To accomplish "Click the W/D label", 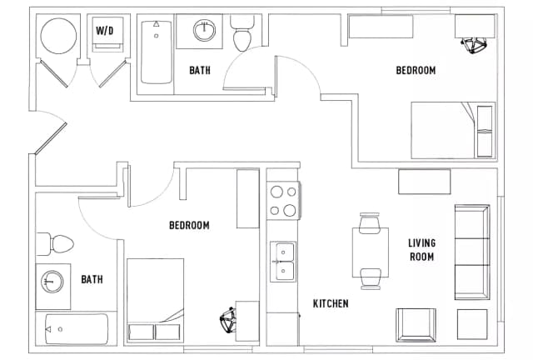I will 106,30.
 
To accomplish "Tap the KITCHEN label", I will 330,303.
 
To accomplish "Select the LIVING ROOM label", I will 421,250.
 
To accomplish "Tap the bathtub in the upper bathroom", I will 156,52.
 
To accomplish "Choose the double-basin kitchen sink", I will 283,260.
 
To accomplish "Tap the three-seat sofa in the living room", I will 471,251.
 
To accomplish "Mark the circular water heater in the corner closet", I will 58,36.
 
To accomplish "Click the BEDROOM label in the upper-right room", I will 415,71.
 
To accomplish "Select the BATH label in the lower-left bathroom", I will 92,279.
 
